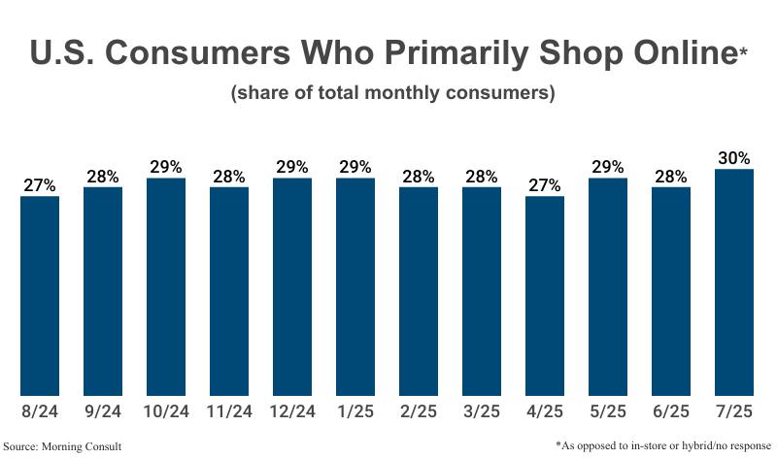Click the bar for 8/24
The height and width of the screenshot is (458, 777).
40,296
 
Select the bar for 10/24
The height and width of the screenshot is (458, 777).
166,287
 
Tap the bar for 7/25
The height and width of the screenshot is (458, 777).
734,282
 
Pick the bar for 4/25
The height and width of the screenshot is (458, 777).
545,296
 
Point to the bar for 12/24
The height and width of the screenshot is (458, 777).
292,287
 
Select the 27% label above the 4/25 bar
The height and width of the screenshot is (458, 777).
545,185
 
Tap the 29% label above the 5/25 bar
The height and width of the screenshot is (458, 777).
608,167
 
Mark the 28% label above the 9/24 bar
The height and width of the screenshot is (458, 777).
103,177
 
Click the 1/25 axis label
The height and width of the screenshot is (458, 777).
355,411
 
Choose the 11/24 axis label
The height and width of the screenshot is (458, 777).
229,411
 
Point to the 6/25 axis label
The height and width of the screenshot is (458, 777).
671,411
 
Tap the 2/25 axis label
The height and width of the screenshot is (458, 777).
419,411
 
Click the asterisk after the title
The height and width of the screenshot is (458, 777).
743,49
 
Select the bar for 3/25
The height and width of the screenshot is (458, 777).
482,291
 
